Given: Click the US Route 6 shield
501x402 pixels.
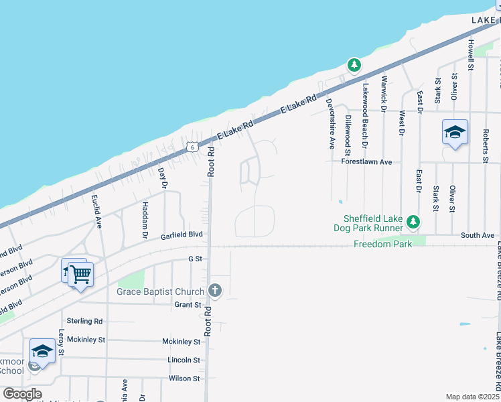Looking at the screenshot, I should pos(192,146).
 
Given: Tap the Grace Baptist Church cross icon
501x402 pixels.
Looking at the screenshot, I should pos(215,290).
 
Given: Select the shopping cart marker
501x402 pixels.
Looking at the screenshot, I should pos(80,273).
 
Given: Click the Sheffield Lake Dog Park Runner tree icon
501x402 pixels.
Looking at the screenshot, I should pos(414,222).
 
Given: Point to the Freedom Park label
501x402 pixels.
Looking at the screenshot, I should pos(383,244).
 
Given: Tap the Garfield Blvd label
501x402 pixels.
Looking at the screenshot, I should pos(181,236).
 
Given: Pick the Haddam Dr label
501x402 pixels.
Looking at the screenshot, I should pos(145,220).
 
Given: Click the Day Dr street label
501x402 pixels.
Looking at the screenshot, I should pos(163,177).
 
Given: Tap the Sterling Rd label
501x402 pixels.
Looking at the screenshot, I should pos(84,321).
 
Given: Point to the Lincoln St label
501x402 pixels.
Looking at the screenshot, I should pos(184,360).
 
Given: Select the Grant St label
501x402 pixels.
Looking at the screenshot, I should pos(188,305).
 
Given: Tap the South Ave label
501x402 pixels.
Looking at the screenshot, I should pos(478,235).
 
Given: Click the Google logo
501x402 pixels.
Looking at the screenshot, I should pos(22,394).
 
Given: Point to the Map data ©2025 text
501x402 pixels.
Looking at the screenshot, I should pos(472,397).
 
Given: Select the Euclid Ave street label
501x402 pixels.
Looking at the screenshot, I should pos(98,209).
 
